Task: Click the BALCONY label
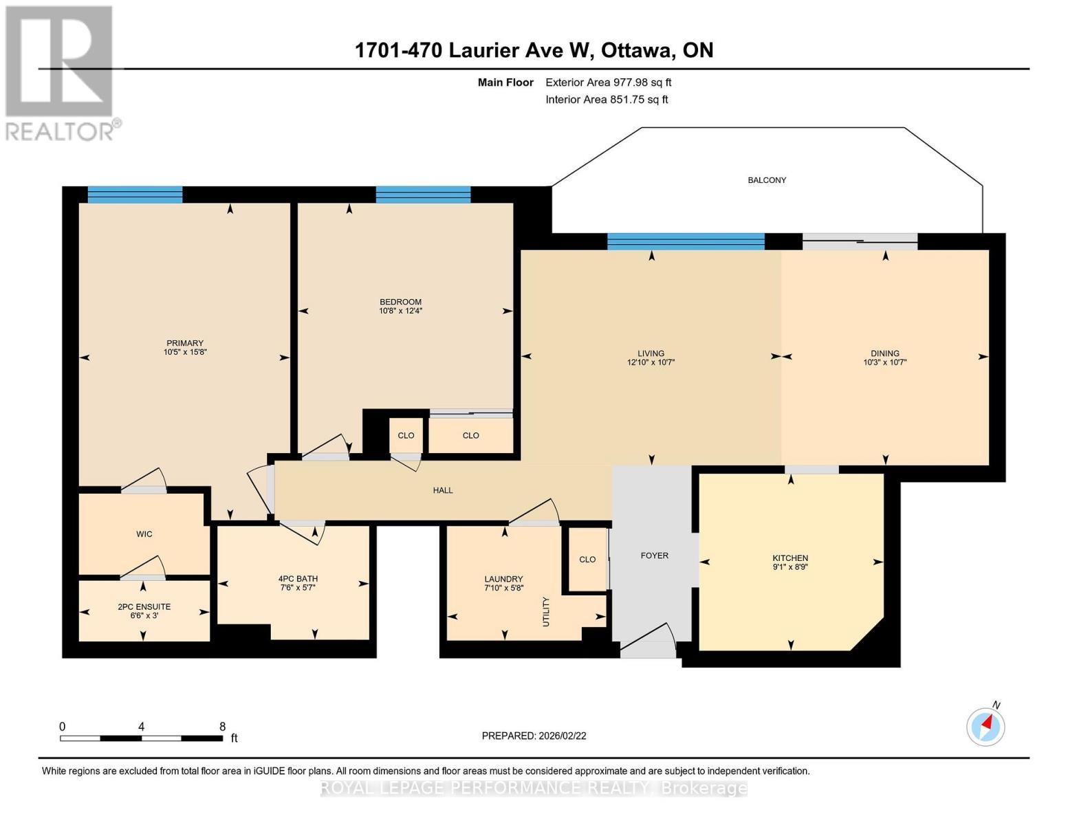(x=767, y=180)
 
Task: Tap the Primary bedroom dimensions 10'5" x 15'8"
(x=185, y=352)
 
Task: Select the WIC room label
(x=144, y=534)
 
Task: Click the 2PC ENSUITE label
(x=144, y=607)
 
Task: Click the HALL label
(x=443, y=490)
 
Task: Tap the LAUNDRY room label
(x=503, y=579)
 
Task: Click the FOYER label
(x=654, y=555)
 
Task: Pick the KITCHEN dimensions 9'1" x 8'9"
(x=790, y=567)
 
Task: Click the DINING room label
(x=884, y=353)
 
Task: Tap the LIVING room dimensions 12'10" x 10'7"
(x=651, y=362)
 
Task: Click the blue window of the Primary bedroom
(x=135, y=195)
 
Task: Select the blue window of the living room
(x=686, y=241)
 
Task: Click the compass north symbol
(x=986, y=726)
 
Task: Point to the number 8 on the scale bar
(x=222, y=726)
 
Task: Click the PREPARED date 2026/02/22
(x=534, y=736)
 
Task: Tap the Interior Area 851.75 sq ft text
(x=607, y=100)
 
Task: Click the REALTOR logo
(x=61, y=72)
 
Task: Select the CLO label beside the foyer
(x=587, y=559)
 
